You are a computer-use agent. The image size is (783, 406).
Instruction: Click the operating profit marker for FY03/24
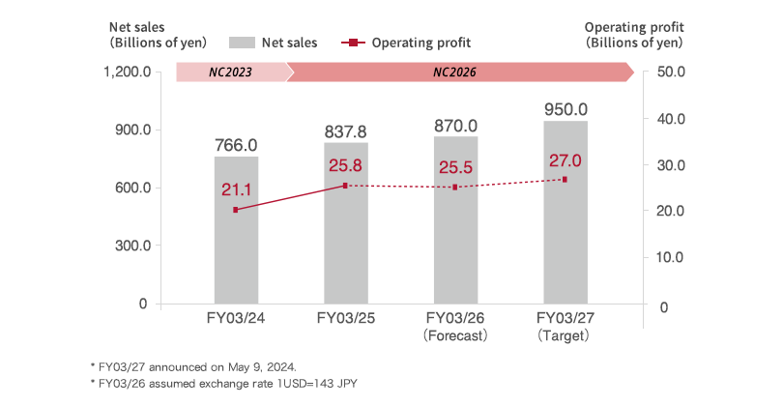coord(236,210)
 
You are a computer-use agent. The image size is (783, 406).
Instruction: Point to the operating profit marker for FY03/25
coord(345,186)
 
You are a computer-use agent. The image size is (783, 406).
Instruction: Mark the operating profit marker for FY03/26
coord(455,188)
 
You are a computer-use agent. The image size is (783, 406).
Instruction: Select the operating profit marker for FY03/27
coord(565,180)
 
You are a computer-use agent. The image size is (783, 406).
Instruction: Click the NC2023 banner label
coord(231,72)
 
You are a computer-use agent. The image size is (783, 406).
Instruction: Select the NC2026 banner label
coord(454,72)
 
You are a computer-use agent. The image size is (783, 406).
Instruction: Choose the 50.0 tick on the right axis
coord(671,72)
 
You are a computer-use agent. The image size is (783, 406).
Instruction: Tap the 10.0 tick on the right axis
coord(671,257)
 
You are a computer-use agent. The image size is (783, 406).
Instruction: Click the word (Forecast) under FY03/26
coord(455,335)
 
